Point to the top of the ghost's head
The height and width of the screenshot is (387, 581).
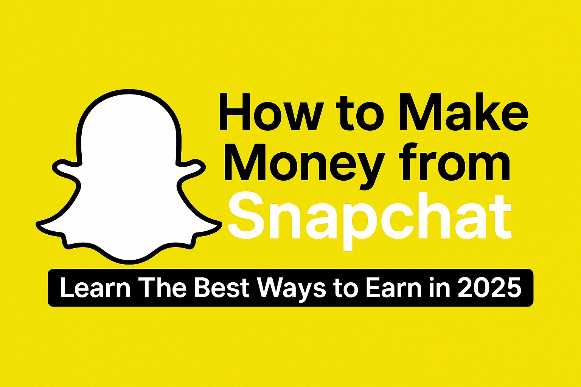[129, 91]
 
